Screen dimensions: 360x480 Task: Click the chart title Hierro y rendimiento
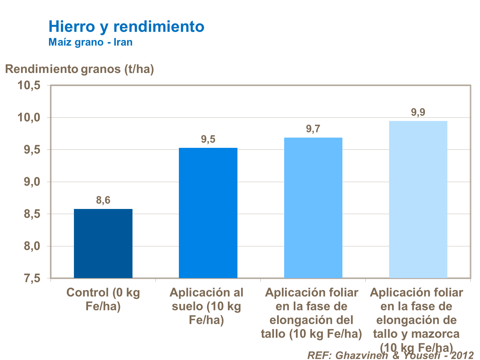(x=126, y=26)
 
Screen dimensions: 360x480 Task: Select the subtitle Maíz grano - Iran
(x=90, y=42)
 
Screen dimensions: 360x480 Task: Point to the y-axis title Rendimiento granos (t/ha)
(x=79, y=69)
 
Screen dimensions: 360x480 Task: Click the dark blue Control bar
(x=103, y=243)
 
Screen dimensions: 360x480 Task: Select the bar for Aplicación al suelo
(x=208, y=213)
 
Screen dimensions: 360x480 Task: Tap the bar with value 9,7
(x=313, y=208)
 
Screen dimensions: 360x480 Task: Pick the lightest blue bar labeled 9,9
(x=418, y=199)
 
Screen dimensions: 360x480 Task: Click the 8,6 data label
(x=103, y=200)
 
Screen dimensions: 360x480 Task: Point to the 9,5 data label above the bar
(x=208, y=139)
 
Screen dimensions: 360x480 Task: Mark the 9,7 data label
(x=313, y=129)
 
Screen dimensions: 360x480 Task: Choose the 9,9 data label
(x=418, y=112)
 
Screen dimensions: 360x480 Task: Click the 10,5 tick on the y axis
(x=29, y=85)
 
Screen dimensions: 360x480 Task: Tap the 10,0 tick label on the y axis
(x=29, y=117)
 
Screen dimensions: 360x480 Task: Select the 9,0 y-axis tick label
(x=32, y=182)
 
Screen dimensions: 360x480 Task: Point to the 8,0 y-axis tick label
(x=32, y=246)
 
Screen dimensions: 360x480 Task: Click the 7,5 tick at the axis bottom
(x=32, y=278)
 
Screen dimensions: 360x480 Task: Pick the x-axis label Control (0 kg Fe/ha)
(x=103, y=300)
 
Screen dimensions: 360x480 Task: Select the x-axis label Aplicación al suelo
(x=206, y=306)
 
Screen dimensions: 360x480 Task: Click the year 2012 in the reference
(x=462, y=355)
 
